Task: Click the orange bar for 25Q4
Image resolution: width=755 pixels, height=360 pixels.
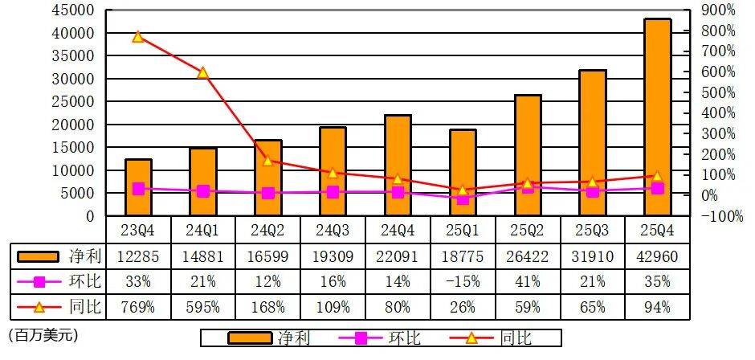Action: point(658,117)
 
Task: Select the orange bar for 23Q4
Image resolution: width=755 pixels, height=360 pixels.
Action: point(138,188)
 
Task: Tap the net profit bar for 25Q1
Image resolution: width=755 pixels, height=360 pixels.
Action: point(463,173)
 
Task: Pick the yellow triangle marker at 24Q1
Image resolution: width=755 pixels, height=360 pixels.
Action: point(203,72)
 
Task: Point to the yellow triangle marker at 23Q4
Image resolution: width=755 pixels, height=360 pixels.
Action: point(138,37)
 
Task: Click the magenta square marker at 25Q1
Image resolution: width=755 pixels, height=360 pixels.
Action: point(463,198)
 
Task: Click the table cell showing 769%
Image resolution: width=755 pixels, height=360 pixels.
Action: point(138,307)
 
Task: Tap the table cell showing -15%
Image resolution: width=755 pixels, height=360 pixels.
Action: point(463,281)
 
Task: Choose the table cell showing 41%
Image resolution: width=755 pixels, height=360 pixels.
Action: point(528,281)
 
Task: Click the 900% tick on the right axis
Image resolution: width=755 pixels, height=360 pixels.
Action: point(718,10)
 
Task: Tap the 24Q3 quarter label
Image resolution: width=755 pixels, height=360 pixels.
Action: point(333,231)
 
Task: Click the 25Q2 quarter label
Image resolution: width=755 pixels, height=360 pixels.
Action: point(528,231)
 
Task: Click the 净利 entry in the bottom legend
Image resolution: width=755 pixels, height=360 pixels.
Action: point(294,337)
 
